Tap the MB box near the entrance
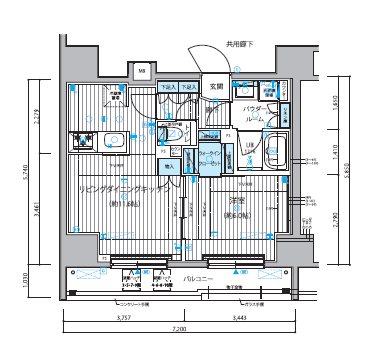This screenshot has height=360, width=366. pos(142,72)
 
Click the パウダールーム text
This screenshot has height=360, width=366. pos(254,113)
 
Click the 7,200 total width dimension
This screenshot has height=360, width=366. pos(181,329)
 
